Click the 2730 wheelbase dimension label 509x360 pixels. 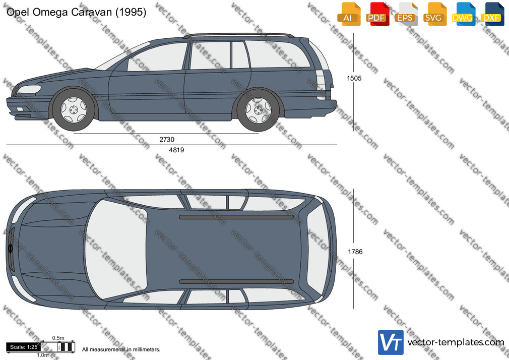click(x=167, y=139)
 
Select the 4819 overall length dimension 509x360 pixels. click(x=176, y=150)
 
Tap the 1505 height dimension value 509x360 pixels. click(x=354, y=78)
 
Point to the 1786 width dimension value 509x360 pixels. click(x=355, y=252)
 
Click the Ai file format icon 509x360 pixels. click(x=349, y=14)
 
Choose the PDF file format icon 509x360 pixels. click(x=377, y=14)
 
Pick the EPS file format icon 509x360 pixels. click(x=406, y=14)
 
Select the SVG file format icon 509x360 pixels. click(x=434, y=14)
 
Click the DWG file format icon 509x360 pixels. click(x=463, y=14)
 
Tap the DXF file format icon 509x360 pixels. click(x=492, y=14)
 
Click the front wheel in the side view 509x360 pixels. click(x=74, y=109)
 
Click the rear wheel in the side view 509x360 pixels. click(x=258, y=110)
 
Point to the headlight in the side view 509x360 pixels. click(x=30, y=89)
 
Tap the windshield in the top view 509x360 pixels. click(x=115, y=249)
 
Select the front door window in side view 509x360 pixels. click(x=158, y=57)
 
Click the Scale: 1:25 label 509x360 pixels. click(x=24, y=347)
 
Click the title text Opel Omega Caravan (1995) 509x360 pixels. click(x=76, y=12)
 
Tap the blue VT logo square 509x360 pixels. click(x=391, y=342)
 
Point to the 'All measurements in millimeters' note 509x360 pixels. click(x=121, y=349)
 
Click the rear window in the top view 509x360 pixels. click(x=318, y=249)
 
